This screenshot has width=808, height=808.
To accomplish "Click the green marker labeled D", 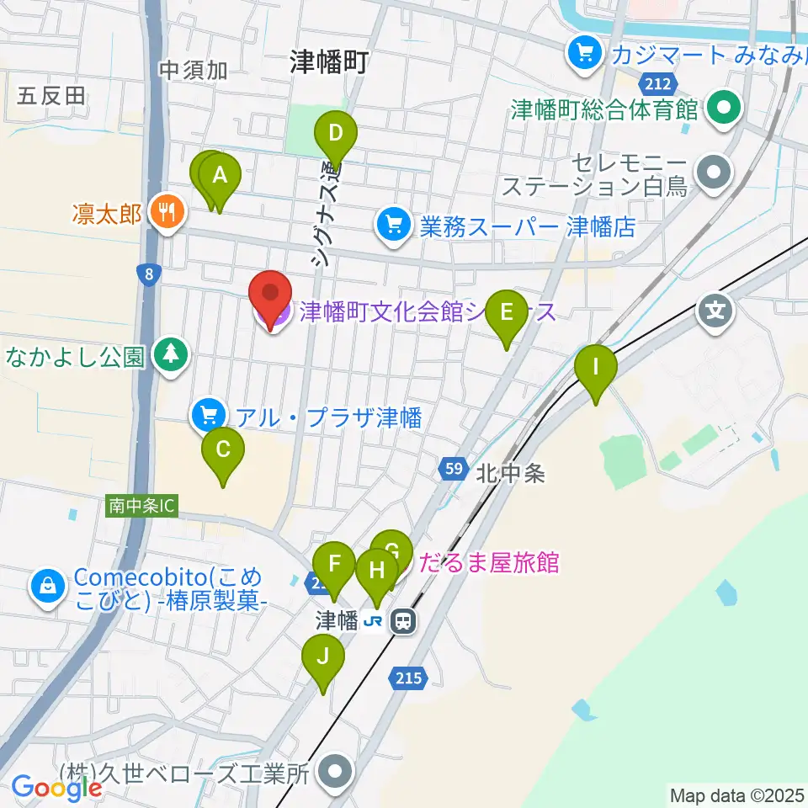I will point(336,135).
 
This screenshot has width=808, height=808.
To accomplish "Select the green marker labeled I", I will point(596,369).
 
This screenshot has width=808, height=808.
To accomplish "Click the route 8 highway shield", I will point(148,273).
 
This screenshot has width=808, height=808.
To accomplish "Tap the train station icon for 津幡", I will point(403,621).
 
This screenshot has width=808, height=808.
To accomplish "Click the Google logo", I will point(57,789).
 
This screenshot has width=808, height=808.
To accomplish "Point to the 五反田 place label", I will point(50,95).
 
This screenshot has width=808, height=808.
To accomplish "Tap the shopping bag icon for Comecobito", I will point(48,587).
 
